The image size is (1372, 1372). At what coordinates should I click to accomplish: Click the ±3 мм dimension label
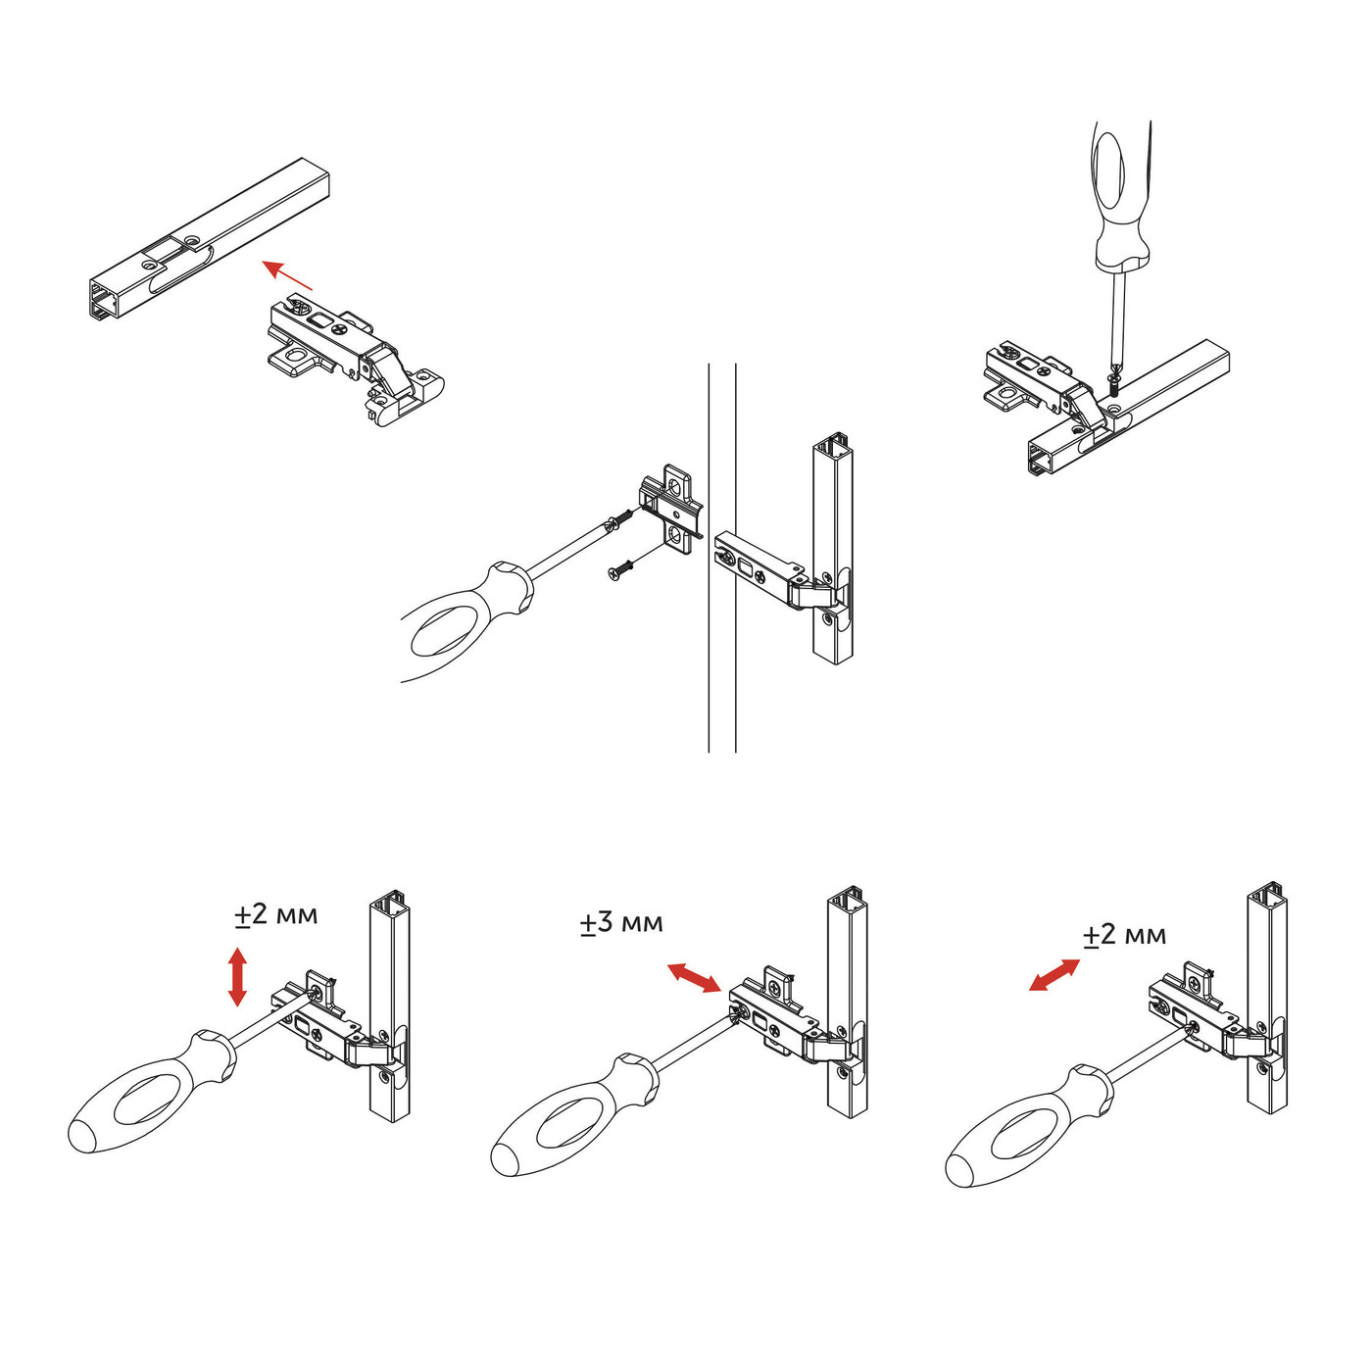click(x=621, y=923)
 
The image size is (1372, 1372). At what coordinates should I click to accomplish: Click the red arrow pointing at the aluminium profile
click(x=287, y=275)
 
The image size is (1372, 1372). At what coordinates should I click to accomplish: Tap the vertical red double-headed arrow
click(x=237, y=976)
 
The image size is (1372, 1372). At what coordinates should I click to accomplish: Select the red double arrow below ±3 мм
click(x=694, y=978)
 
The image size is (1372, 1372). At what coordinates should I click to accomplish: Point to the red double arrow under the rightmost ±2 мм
click(x=1054, y=975)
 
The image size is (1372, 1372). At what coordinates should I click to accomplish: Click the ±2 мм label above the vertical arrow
click(x=276, y=914)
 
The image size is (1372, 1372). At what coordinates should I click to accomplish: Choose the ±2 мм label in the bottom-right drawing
click(x=1125, y=935)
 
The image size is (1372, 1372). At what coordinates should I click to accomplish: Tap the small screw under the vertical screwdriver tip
click(x=1114, y=384)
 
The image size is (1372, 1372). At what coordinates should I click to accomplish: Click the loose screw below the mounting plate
click(x=620, y=568)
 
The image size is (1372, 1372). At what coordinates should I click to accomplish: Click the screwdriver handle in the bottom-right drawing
click(x=1029, y=1126)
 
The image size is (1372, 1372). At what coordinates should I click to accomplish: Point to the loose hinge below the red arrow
click(x=356, y=361)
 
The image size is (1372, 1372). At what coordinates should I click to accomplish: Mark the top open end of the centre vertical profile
click(x=833, y=443)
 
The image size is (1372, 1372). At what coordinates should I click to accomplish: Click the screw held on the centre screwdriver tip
click(x=619, y=519)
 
